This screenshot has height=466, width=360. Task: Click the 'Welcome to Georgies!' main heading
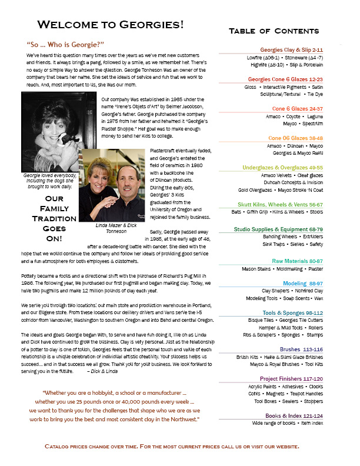click(111, 24)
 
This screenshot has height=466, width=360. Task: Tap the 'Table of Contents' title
click(274, 31)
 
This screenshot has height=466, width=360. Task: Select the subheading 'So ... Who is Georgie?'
click(65, 45)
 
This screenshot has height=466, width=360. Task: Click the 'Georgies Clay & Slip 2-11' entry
click(292, 51)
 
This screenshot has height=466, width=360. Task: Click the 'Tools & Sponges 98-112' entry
click(293, 312)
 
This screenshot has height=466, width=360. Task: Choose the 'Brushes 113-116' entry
click(304, 349)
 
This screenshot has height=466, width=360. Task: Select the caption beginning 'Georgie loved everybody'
click(46, 180)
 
